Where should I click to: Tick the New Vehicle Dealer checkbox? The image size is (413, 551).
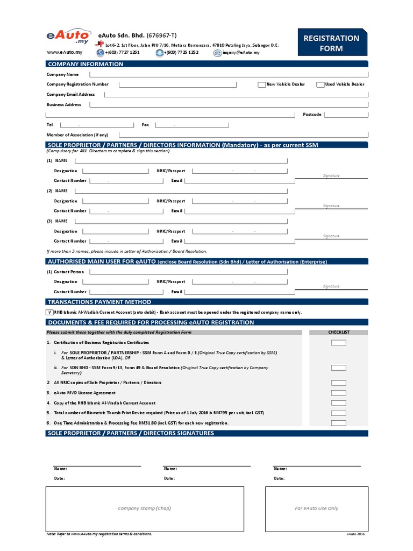262,84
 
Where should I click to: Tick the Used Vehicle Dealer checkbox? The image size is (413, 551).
321,84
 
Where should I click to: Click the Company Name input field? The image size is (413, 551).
234,74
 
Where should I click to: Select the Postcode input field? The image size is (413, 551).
346,115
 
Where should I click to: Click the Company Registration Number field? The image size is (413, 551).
177,84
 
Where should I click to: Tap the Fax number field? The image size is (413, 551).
191,125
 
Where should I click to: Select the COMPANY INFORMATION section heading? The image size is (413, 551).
86,64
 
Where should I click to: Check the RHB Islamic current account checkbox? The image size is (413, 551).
49,312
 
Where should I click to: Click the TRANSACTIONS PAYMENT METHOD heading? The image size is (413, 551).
99,302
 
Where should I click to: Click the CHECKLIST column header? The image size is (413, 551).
339,333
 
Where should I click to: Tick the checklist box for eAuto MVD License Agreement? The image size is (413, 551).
339,393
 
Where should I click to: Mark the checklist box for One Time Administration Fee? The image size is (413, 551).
339,423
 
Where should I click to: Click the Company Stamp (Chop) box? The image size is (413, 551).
145,508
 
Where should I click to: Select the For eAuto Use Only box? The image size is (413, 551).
317,508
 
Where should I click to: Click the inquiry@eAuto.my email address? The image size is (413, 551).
240,53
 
